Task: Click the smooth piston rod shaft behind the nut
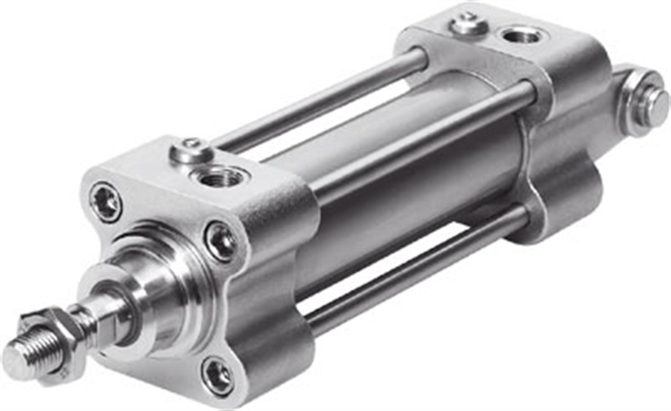[x=104, y=307]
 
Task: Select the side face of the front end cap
[x=273, y=276]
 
